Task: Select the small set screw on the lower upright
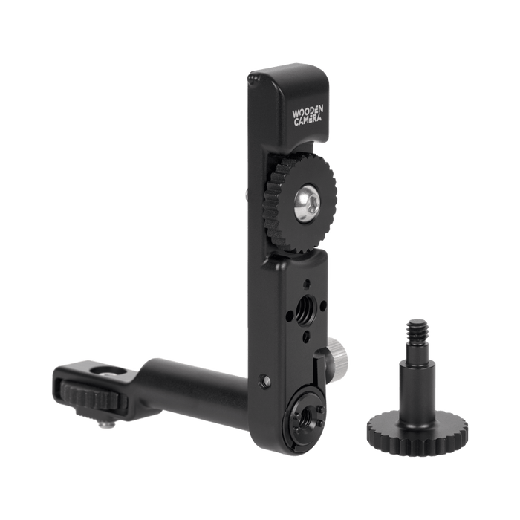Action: [x=264, y=381]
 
